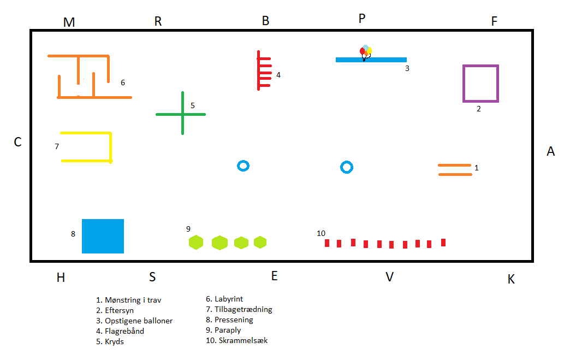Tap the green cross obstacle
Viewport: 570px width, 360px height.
point(181,114)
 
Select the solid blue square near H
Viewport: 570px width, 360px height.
point(103,236)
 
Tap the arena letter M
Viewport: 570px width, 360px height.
point(69,22)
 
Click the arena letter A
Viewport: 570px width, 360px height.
point(550,151)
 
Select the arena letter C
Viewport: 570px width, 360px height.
point(17,142)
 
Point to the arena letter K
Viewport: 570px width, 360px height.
point(511,279)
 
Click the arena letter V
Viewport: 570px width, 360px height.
point(389,277)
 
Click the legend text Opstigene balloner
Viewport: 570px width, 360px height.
point(134,321)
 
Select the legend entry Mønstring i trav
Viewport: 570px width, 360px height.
point(128,300)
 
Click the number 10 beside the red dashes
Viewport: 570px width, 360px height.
point(321,233)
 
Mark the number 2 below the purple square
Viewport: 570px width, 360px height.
point(479,109)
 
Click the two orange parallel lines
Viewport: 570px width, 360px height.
point(455,169)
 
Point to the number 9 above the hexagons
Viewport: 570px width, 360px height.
point(188,229)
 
